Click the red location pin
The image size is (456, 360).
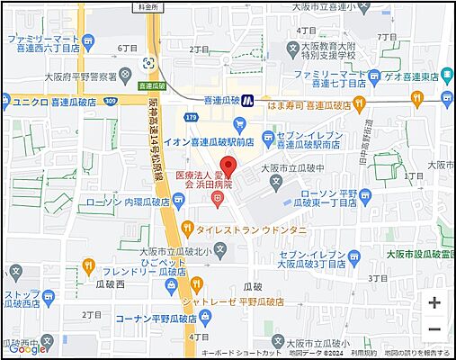point(228,167)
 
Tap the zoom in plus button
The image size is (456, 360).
point(434,302)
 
